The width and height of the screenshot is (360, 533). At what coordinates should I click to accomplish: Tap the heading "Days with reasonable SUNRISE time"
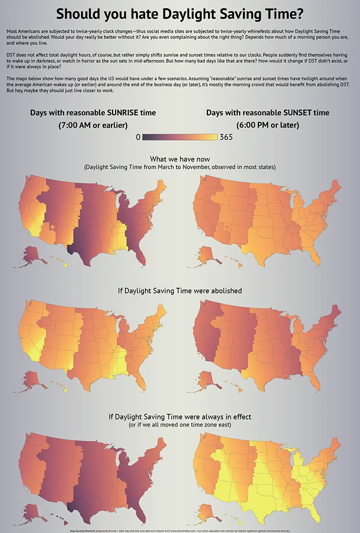click(x=93, y=113)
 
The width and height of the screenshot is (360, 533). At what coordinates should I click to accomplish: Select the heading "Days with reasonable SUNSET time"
click(x=267, y=113)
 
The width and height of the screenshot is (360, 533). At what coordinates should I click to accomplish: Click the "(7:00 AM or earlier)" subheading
click(x=93, y=125)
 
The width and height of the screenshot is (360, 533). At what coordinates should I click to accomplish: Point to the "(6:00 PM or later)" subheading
click(x=267, y=125)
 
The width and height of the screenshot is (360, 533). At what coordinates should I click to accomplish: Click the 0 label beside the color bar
click(x=138, y=137)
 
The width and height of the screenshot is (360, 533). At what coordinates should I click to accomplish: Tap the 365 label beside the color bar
click(x=226, y=137)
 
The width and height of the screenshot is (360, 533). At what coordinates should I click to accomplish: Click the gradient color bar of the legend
click(x=180, y=137)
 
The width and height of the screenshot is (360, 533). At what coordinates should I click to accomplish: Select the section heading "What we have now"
click(x=180, y=159)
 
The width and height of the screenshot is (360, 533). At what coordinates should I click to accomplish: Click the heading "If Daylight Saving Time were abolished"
click(x=180, y=290)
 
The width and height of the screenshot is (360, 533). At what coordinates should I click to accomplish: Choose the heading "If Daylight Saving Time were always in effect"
click(x=180, y=417)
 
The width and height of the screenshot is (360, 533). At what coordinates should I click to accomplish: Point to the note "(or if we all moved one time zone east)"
click(x=180, y=425)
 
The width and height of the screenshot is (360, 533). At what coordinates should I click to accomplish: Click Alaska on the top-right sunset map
click(x=207, y=254)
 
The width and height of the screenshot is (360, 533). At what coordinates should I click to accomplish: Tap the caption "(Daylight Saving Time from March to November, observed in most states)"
click(x=180, y=167)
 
